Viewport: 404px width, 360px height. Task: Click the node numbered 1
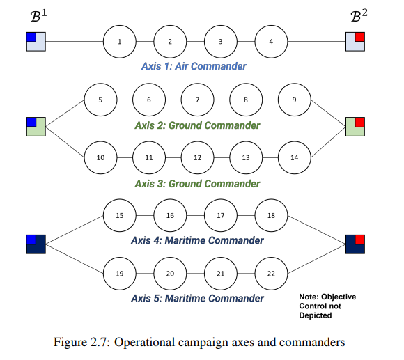coord(120,42)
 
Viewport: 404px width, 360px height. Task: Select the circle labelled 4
coord(271,42)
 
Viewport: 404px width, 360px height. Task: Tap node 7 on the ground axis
coord(197,100)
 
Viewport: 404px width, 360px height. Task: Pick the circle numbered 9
coord(295,100)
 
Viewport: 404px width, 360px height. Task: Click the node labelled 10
coord(100,157)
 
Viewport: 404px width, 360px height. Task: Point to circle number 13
coord(246,157)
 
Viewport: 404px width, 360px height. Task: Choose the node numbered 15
coord(120,215)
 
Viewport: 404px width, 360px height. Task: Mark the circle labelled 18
coord(271,215)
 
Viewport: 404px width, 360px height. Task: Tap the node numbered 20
coord(170,273)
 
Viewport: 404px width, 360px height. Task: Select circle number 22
coord(271,273)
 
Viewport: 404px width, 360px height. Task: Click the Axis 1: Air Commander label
coord(194,66)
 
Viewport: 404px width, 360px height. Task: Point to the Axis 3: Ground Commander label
coord(197,184)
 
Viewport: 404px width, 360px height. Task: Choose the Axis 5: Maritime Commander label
coord(197,298)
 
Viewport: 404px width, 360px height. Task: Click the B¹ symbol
coord(38,16)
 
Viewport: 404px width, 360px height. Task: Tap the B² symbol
coord(359,15)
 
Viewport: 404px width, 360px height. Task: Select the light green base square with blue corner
coord(36,127)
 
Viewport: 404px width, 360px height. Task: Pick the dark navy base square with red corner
coord(355,244)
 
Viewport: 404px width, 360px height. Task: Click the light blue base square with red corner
coord(355,42)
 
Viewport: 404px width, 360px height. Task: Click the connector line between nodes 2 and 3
coord(195,42)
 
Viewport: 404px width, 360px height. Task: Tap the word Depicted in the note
coord(316,315)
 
